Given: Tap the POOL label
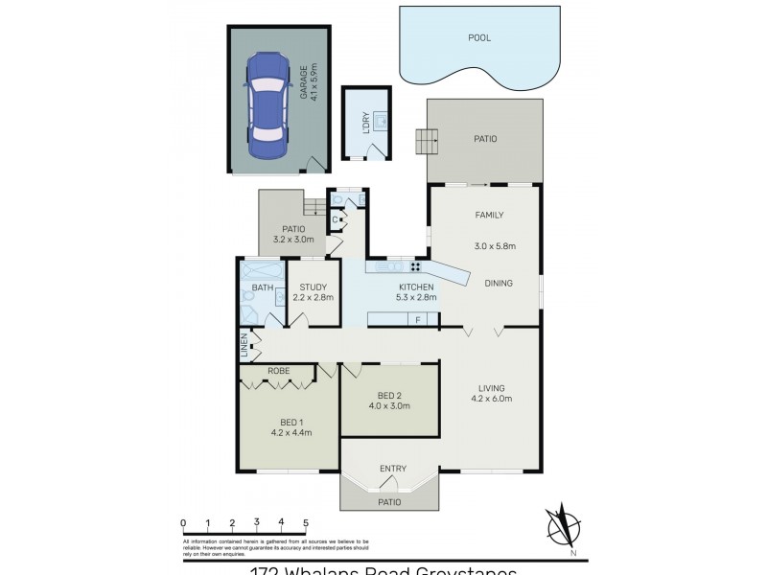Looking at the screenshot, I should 479,38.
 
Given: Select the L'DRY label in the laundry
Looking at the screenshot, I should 364,123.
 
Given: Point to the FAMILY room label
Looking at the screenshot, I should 489,215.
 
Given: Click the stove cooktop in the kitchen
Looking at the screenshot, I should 417,266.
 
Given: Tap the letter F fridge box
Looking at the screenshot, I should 418,319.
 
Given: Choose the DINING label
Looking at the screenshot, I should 498,283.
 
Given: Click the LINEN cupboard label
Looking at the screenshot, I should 245,345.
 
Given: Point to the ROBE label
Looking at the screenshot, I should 279,370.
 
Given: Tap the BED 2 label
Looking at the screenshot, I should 389,395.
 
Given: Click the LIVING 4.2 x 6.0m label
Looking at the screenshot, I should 491,393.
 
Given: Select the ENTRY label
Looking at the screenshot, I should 392,469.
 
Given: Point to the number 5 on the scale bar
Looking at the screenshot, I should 306,522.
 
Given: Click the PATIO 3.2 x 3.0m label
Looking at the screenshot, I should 288,234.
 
